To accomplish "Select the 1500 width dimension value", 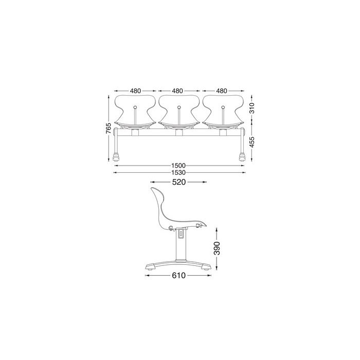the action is pos(178,166).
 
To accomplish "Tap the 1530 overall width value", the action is pos(178,172).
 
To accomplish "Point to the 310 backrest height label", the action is pos(252,108).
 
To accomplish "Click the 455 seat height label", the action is pos(252,142).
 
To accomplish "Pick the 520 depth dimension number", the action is pos(178,182).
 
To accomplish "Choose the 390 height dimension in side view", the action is pos(217,248).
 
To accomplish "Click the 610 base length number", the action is pos(178,275).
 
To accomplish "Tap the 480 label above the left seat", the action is pos(135,91).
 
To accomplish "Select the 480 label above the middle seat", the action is pos(177,91).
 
